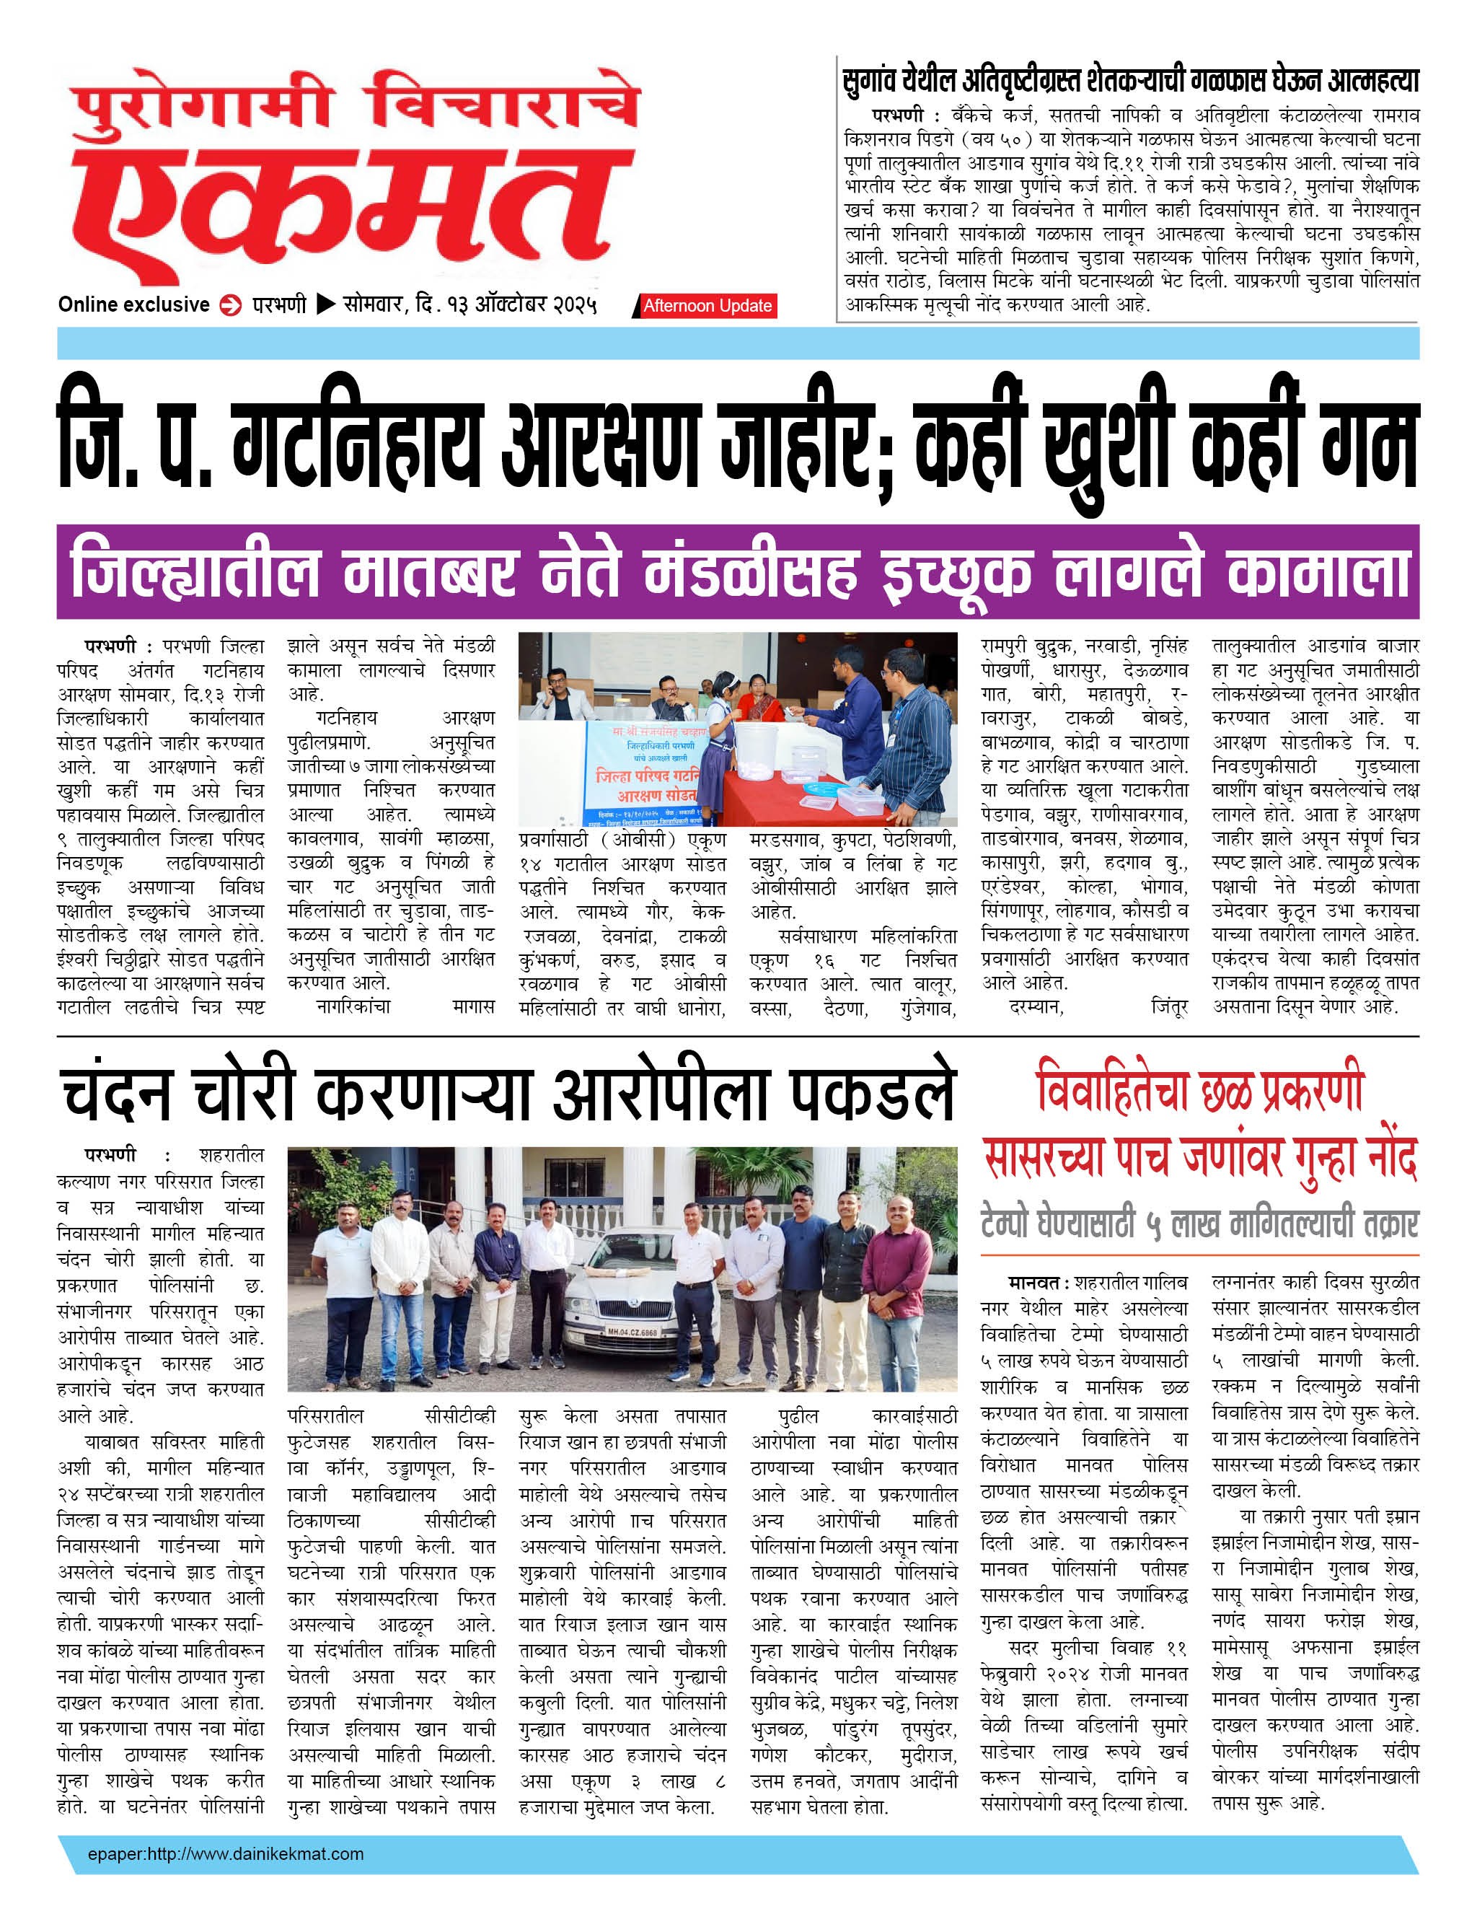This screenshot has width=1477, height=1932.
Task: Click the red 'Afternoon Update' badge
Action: [707, 306]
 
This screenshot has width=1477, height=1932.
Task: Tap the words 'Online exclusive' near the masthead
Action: [133, 305]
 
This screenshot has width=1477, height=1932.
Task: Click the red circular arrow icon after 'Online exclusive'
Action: [230, 306]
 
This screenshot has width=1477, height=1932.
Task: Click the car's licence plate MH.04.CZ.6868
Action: [631, 1332]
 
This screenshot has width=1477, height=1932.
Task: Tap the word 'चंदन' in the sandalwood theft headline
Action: [117, 1095]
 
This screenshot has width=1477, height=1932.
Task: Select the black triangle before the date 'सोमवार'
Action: [325, 305]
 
